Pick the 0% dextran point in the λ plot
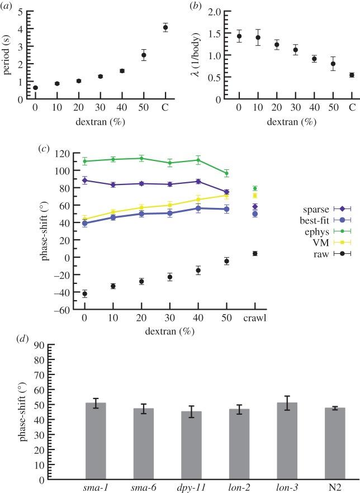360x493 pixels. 239,36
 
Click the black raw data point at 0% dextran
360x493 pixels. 84,293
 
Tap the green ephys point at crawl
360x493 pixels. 255,188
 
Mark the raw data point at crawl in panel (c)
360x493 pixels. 255,253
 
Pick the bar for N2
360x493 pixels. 335,443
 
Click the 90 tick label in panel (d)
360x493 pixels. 39,345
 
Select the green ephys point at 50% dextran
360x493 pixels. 226,173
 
